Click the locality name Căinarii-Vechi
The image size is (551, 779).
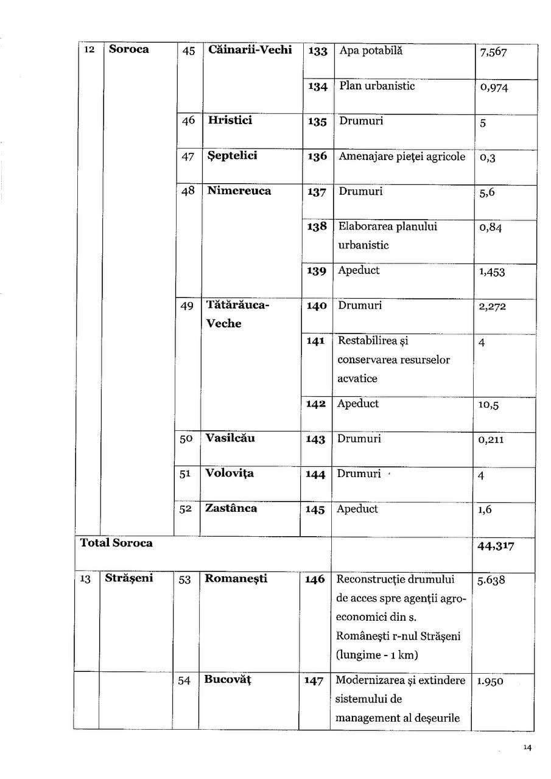250,50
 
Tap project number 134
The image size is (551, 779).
318,87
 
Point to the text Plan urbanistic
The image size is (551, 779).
377,86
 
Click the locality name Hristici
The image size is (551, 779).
230,120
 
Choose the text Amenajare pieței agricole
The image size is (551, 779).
402,156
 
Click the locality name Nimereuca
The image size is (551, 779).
239,190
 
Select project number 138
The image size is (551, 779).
317,226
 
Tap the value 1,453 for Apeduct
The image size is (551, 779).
492,271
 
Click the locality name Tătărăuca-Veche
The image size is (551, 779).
236,314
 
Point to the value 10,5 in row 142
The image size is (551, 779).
488,405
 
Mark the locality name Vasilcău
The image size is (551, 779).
230,438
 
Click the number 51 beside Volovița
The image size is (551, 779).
186,475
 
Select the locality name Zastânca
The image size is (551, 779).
231,508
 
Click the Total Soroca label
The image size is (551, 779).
116,543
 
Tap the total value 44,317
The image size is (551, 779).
496,547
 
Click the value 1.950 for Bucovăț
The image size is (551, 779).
490,682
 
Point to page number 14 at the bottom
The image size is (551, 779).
527,748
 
